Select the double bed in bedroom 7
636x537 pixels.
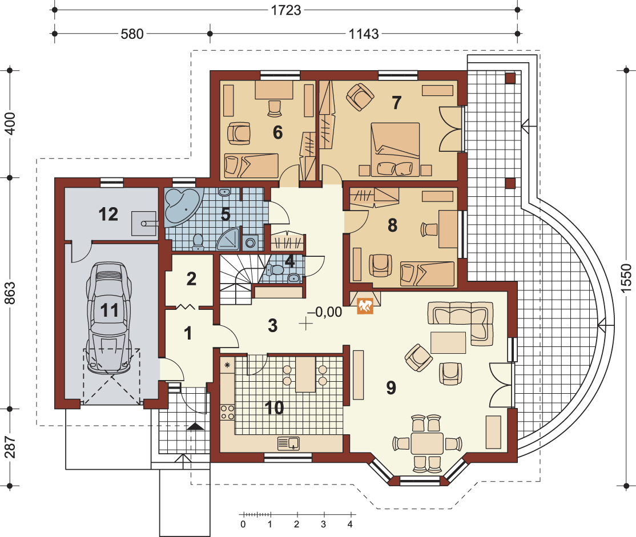pyautogui.click(x=395, y=150)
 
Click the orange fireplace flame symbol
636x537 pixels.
pyautogui.click(x=365, y=306)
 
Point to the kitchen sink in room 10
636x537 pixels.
pyautogui.click(x=288, y=443)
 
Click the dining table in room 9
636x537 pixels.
pyautogui.click(x=427, y=443)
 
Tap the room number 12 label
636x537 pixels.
pyautogui.click(x=108, y=214)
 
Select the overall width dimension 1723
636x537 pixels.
pyautogui.click(x=286, y=10)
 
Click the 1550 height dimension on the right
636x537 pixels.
pyautogui.click(x=626, y=278)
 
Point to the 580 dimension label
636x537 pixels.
pyautogui.click(x=132, y=34)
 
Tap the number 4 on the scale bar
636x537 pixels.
pyautogui.click(x=350, y=524)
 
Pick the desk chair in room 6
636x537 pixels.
pyautogui.click(x=275, y=108)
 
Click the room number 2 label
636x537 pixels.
pyautogui.click(x=191, y=279)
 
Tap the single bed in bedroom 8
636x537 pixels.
pyautogui.click(x=427, y=274)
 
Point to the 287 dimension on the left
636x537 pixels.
pyautogui.click(x=10, y=447)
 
